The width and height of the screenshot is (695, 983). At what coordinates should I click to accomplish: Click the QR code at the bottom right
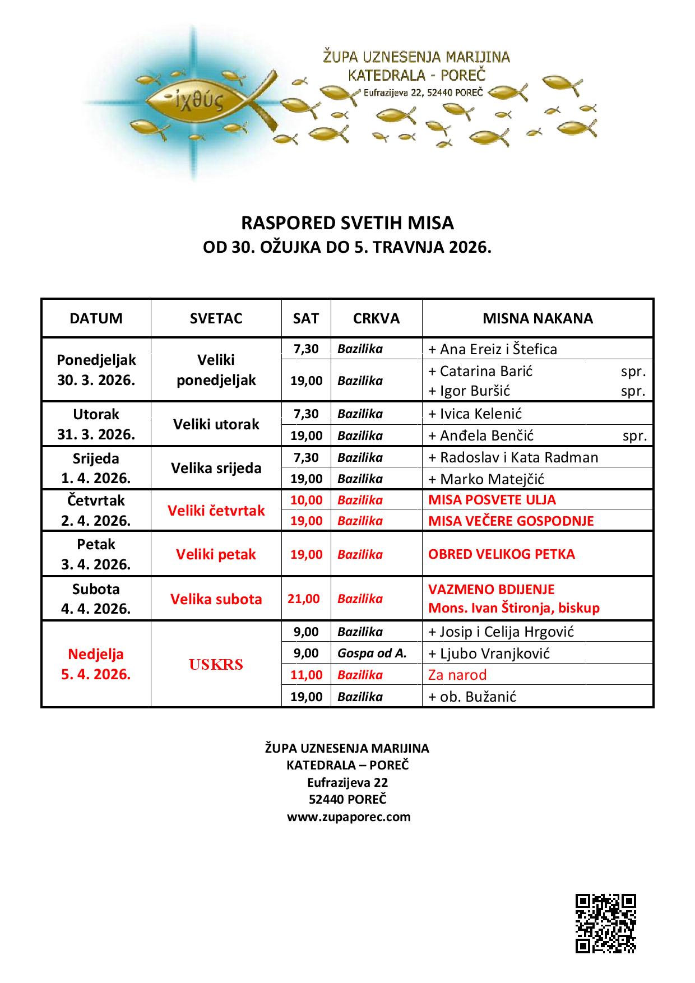coord(605,924)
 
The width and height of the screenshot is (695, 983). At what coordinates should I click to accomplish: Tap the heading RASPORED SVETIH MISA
coord(347,223)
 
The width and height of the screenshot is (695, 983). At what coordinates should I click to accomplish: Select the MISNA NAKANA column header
coord(538,318)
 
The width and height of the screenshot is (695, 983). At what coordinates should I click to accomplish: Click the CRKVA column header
coord(376,318)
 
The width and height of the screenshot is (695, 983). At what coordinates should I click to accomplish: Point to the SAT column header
coord(305,318)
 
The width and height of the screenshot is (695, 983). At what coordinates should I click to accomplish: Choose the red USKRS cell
coord(216,665)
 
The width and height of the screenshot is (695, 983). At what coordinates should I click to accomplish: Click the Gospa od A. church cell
coord(372,653)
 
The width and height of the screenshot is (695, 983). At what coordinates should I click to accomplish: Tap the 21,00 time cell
coord(304,599)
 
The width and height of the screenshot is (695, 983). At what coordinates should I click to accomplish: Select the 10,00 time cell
coord(306,500)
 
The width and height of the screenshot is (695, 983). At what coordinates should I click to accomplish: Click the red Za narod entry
coord(457,675)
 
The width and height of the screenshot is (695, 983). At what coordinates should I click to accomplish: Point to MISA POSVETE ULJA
coord(492,500)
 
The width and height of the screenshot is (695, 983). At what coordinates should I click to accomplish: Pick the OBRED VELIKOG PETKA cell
coord(501,554)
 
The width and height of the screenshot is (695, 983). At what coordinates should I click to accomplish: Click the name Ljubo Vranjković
coord(494,653)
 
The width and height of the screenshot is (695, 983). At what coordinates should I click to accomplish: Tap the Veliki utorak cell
coord(216,424)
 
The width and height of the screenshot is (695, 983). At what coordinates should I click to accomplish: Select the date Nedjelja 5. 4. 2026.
coord(96,664)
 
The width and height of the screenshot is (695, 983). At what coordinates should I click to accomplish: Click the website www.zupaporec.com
coord(349,817)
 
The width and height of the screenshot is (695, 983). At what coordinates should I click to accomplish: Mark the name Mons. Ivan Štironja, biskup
coord(513,608)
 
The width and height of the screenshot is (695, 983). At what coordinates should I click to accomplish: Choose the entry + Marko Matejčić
coord(486,479)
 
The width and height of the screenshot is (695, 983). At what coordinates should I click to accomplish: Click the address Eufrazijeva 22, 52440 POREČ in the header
coord(423,93)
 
